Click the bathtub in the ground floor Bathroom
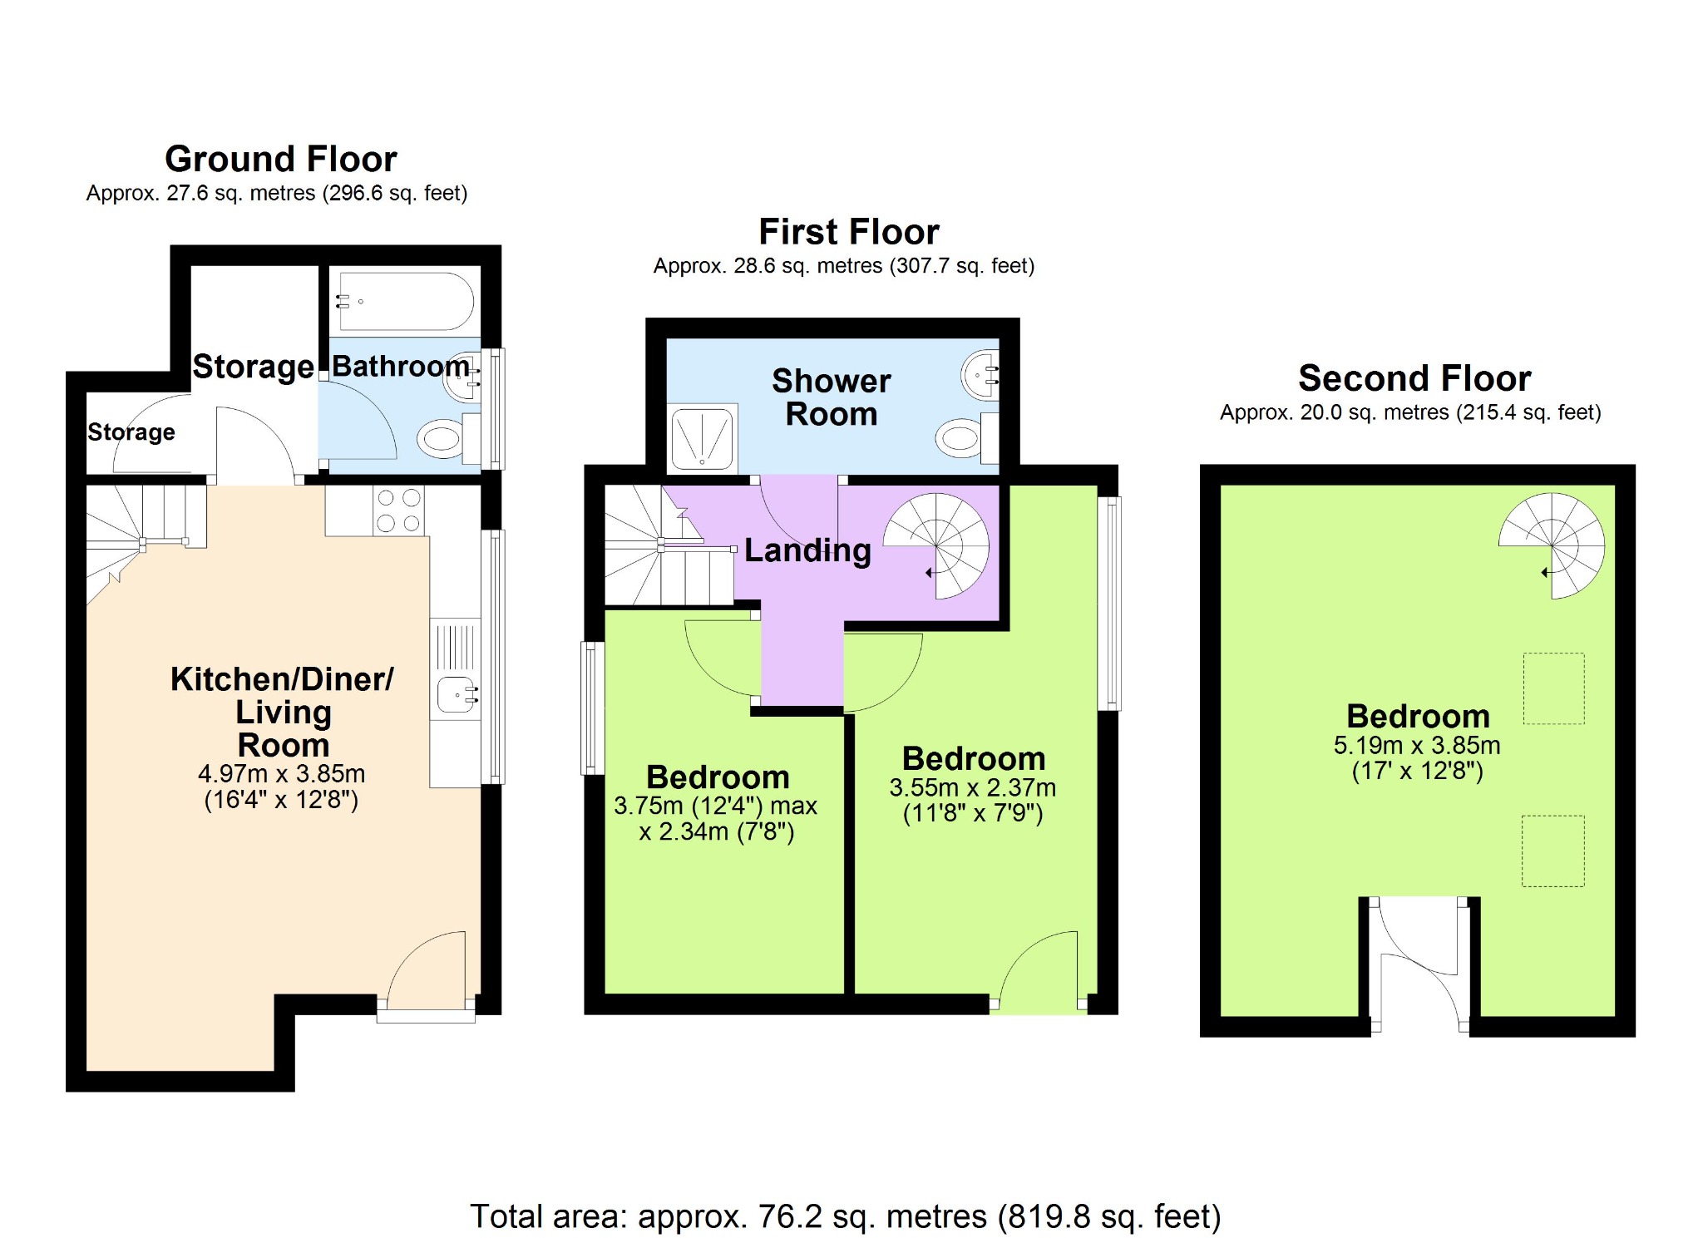(x=405, y=301)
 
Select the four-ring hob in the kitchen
(x=398, y=510)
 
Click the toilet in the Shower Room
(x=967, y=438)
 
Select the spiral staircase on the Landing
(x=936, y=546)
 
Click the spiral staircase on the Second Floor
(x=1552, y=545)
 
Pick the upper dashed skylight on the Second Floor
(x=1553, y=688)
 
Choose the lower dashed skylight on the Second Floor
(x=1553, y=851)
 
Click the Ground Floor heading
(x=281, y=159)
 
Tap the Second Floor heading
(x=1414, y=378)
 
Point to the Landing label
(x=807, y=550)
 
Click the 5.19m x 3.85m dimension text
(x=1417, y=745)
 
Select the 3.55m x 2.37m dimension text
(x=973, y=787)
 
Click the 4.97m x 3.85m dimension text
(x=281, y=773)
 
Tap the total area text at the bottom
(x=846, y=1216)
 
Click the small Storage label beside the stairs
(x=131, y=432)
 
